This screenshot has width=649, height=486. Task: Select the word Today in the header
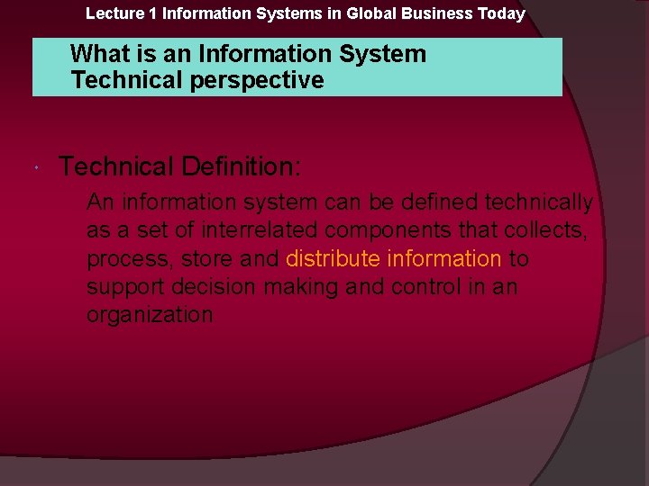(x=502, y=13)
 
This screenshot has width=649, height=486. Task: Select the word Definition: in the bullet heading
(x=242, y=166)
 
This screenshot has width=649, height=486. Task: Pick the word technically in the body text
(x=539, y=202)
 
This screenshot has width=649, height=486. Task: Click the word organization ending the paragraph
(x=150, y=315)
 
